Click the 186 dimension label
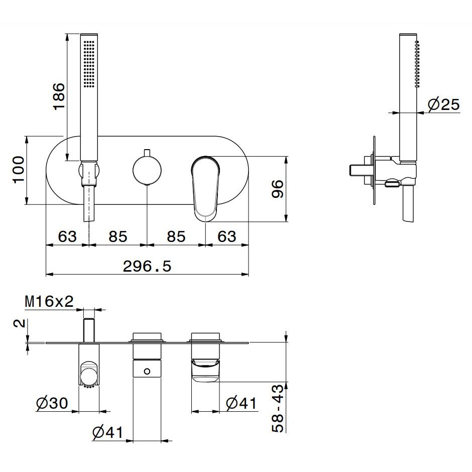[x=59, y=96]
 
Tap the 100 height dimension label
[x=19, y=169]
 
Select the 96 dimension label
[x=278, y=189]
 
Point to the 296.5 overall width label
[x=147, y=266]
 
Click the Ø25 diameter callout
[x=444, y=104]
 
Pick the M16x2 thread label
[x=49, y=301]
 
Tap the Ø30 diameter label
[x=52, y=403]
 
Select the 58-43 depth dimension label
[x=278, y=409]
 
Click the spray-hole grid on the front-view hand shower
[x=89, y=64]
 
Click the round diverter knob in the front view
[x=147, y=170]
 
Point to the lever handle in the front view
[x=205, y=189]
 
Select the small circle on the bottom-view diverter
[x=147, y=372]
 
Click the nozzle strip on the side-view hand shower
[x=417, y=64]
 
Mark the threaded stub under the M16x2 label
[x=89, y=330]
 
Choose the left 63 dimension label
[x=67, y=237]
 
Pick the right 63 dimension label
[x=227, y=237]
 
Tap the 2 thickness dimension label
[x=19, y=323]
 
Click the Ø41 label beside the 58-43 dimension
[x=241, y=403]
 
